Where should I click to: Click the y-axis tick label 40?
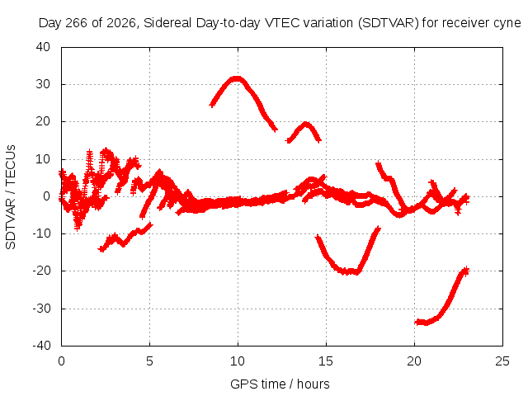click(43, 47)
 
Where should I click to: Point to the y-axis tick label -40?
click(41, 346)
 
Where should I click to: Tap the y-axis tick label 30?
click(43, 84)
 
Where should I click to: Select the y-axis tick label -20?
click(41, 271)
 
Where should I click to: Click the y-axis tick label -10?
click(41, 233)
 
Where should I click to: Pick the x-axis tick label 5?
click(149, 361)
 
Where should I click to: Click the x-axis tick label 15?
click(326, 361)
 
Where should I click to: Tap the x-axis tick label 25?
click(502, 361)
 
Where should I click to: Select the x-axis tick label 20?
click(414, 361)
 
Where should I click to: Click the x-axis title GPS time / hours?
click(280, 384)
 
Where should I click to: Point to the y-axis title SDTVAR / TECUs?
click(11, 197)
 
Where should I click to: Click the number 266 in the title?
click(76, 23)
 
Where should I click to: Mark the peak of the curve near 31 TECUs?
click(237, 79)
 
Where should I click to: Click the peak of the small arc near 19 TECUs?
click(305, 125)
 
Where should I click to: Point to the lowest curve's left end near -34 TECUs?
click(417, 323)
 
